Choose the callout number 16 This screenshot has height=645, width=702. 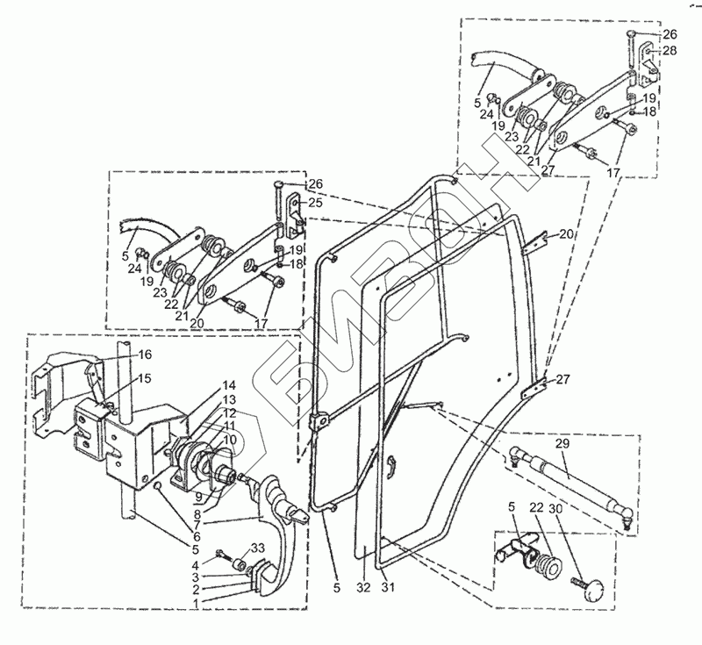144,354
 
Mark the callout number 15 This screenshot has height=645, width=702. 144,377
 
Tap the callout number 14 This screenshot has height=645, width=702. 228,385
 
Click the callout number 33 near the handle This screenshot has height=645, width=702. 257,548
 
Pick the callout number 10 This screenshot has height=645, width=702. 228,439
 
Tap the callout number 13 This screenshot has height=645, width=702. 228,399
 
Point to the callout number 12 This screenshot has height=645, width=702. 228,412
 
